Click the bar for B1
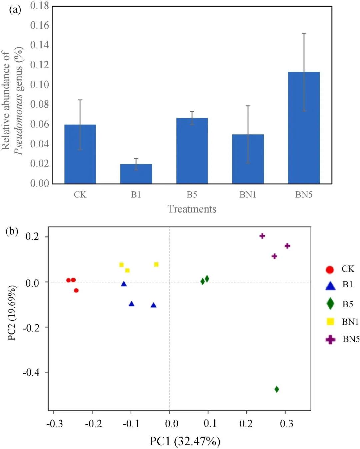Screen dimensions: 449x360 tap(136, 174)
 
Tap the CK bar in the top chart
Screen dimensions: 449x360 tap(80, 154)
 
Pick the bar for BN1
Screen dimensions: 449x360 tap(248, 159)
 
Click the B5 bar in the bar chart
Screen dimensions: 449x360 tap(192, 151)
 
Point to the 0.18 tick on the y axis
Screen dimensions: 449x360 tap(40, 6)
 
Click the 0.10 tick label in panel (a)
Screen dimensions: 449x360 tap(40, 85)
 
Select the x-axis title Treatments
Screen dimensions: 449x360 tap(192, 209)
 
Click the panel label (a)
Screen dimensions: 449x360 tap(15, 10)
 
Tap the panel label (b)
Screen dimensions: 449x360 tap(12, 231)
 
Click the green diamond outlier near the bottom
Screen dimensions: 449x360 tap(277, 389)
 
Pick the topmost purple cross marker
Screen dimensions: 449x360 tap(262, 236)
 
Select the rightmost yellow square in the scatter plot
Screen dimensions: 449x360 tap(156, 264)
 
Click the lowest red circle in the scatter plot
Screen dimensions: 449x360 tap(76, 290)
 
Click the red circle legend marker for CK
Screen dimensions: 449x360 tap(330, 270)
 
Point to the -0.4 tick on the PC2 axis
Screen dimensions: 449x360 tap(31, 372)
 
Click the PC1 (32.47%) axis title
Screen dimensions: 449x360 tap(185, 441)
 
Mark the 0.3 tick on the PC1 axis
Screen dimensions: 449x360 tap(286, 423)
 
